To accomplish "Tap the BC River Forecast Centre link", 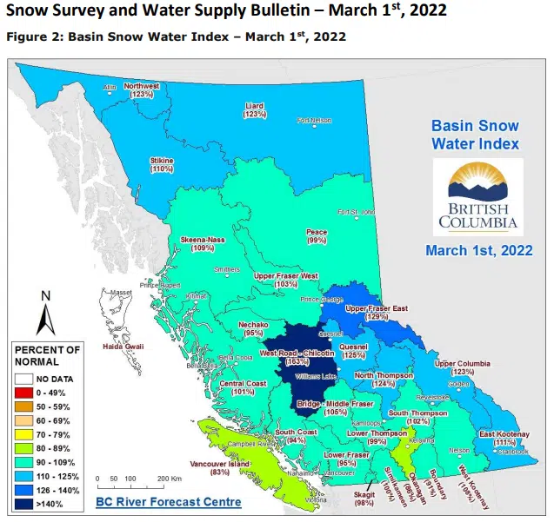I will click(169, 501).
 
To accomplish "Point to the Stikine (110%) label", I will click(162, 165).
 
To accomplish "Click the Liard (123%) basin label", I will click(254, 110).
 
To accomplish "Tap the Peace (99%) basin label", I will click(317, 236).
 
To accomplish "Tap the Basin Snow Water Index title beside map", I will click(476, 135).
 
